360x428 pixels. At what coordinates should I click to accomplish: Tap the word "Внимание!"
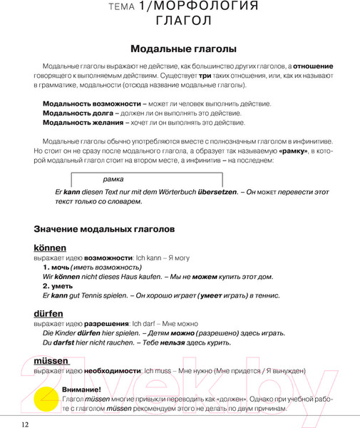pos(81,389)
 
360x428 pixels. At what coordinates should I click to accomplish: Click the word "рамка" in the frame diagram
pos(113,179)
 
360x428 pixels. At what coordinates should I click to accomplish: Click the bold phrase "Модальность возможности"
pos(91,104)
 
